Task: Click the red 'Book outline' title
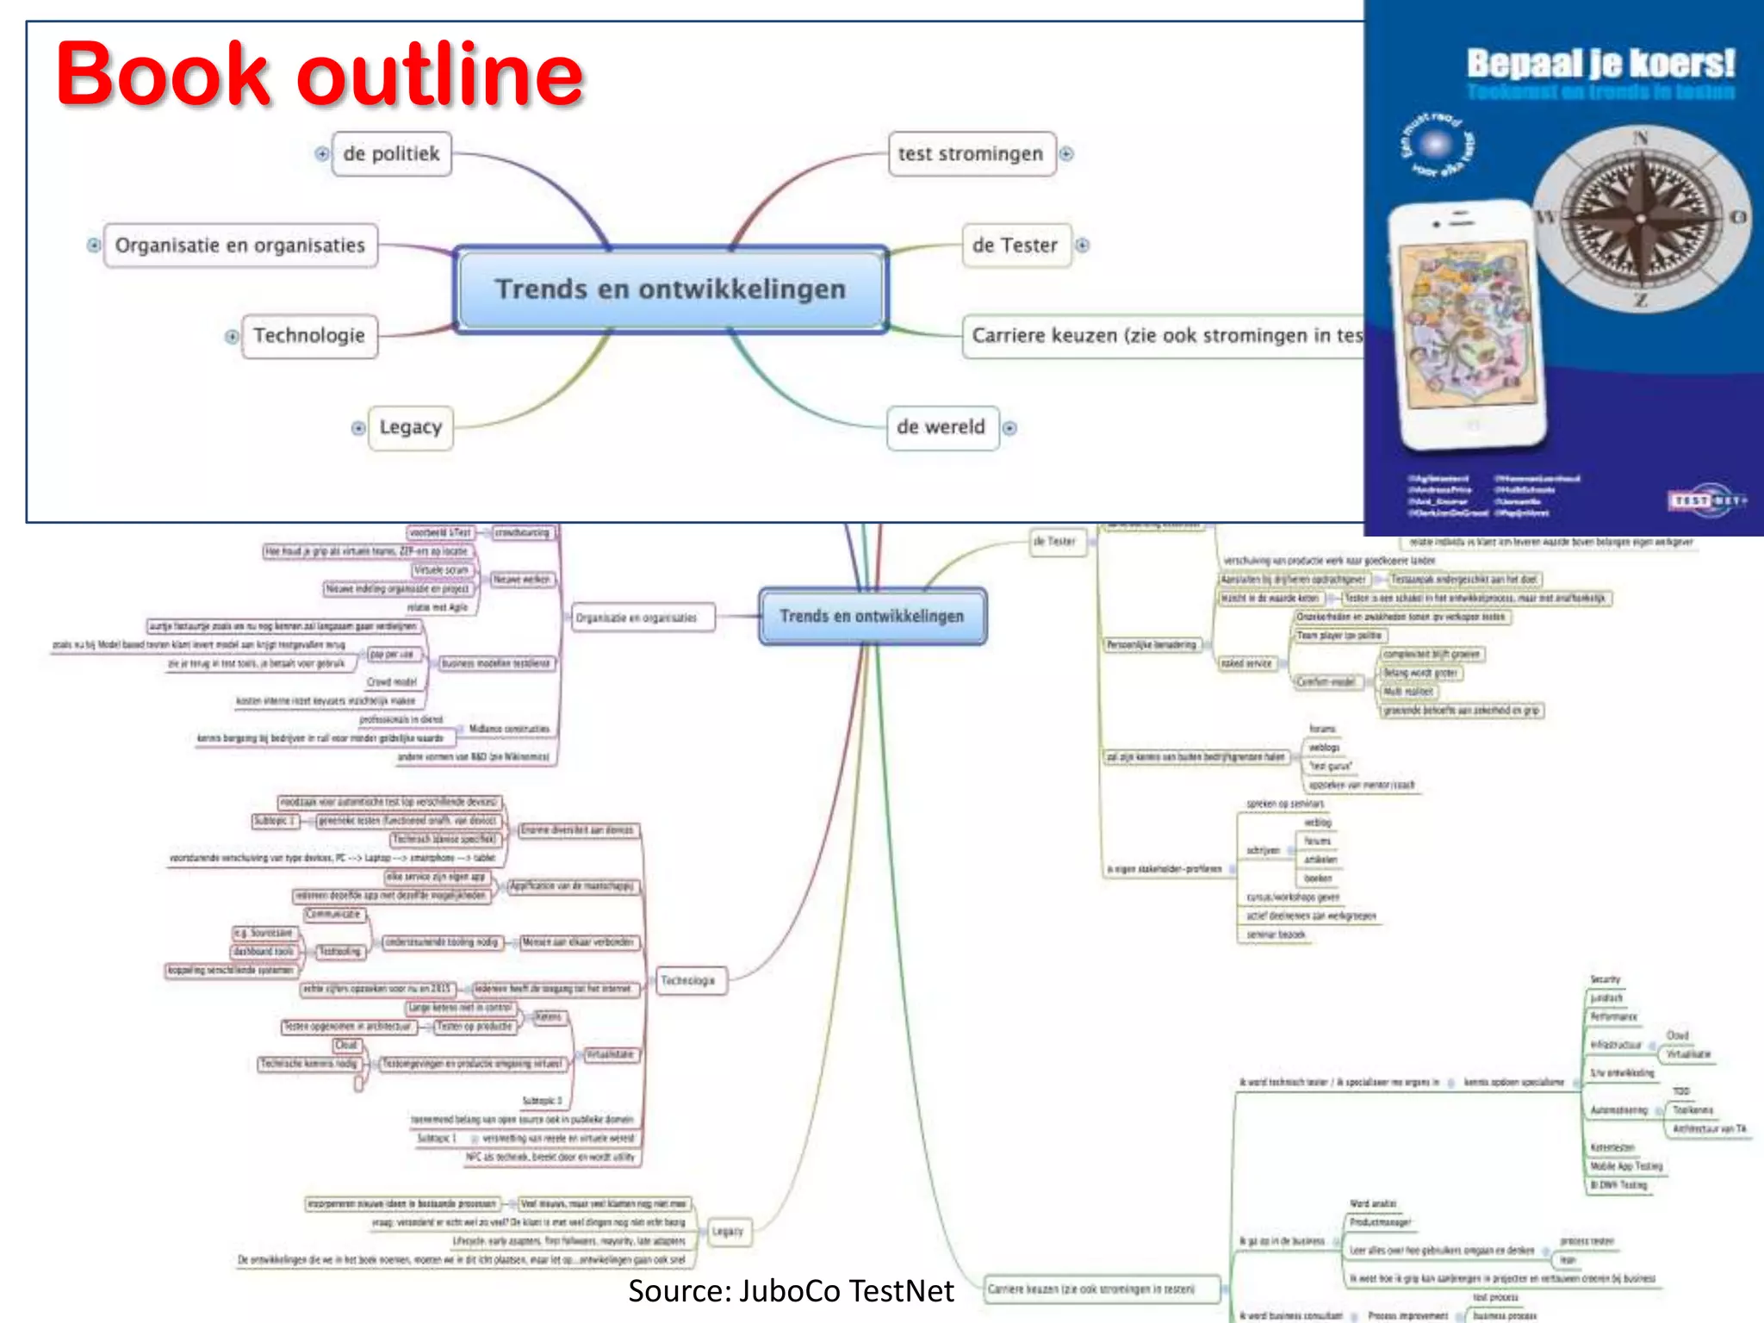(x=320, y=75)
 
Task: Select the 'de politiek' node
(x=391, y=154)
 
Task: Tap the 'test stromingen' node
(x=971, y=154)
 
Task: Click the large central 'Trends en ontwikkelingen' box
(x=670, y=289)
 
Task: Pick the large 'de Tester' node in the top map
(x=1015, y=245)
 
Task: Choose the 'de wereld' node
(x=941, y=427)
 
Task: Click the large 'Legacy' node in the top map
(x=411, y=427)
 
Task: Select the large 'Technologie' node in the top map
(x=309, y=336)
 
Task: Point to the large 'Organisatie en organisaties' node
(x=240, y=245)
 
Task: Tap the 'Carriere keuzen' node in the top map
(x=1163, y=336)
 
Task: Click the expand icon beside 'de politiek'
(x=322, y=154)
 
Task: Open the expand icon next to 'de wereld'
(x=1010, y=428)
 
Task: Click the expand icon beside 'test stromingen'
(x=1067, y=154)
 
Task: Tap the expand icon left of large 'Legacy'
(x=358, y=428)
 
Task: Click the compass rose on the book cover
(x=1641, y=218)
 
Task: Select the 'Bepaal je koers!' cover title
(x=1600, y=63)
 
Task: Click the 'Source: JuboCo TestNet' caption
(x=791, y=1291)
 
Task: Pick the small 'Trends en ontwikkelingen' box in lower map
(x=872, y=617)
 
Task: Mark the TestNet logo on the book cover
(x=1707, y=500)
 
